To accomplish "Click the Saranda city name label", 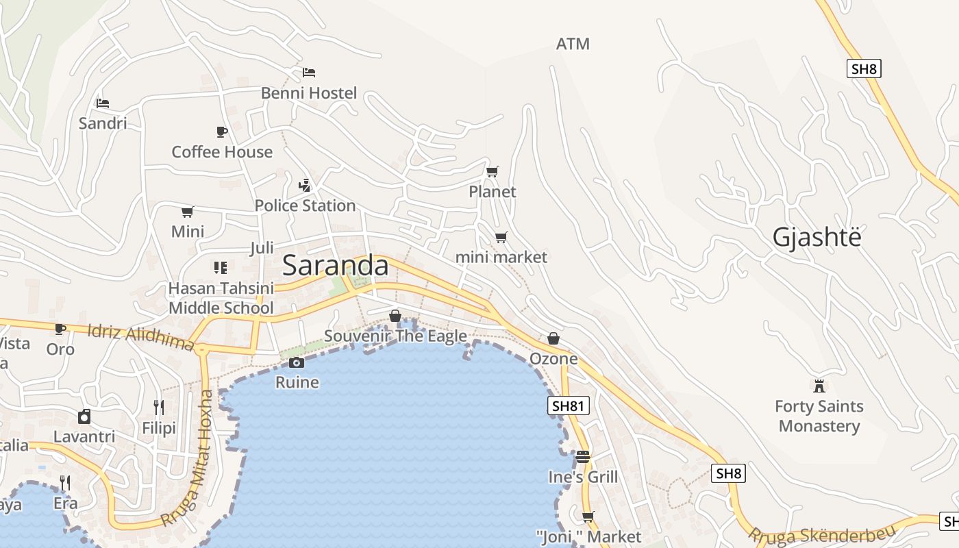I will [x=335, y=266].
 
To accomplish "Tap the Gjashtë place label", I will [x=817, y=237].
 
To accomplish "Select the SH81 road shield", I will [x=569, y=406].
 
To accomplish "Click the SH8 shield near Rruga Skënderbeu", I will [x=728, y=473].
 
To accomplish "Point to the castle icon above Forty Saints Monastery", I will [x=819, y=386].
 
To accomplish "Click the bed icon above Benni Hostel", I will [x=309, y=72].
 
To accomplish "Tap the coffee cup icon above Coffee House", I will [x=221, y=132].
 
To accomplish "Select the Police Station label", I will [x=305, y=206].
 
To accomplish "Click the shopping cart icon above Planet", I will [x=492, y=171].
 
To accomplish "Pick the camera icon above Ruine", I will [x=297, y=362].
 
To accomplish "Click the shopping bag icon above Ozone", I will [x=553, y=338].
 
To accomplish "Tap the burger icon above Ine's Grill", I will [x=583, y=456].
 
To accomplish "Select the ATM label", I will [x=573, y=44].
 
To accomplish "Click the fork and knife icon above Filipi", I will [x=159, y=408].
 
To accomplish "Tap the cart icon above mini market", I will [x=501, y=237].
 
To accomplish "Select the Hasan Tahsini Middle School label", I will [x=221, y=298].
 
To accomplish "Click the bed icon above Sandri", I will [x=103, y=103].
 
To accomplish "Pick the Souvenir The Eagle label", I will [x=395, y=336].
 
